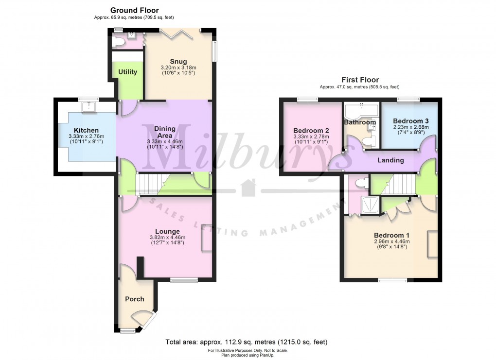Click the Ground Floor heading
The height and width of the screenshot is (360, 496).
tap(134, 10)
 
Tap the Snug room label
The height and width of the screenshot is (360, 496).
tap(178, 61)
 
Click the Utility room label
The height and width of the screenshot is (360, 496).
tap(127, 72)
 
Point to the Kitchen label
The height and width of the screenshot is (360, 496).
tap(87, 130)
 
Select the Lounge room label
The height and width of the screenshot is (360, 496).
tap(165, 231)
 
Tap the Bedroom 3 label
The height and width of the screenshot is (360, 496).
tap(411, 121)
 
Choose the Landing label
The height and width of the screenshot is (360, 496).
tap(391, 160)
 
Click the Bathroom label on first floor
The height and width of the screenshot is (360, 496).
tap(360, 122)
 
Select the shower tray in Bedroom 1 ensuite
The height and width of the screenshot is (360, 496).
tap(371, 206)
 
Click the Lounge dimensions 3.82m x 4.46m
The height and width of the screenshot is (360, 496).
tap(165, 238)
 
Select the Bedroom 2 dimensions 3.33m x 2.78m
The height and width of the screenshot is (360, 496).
tap(312, 137)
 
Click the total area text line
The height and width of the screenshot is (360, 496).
tap(247, 342)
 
